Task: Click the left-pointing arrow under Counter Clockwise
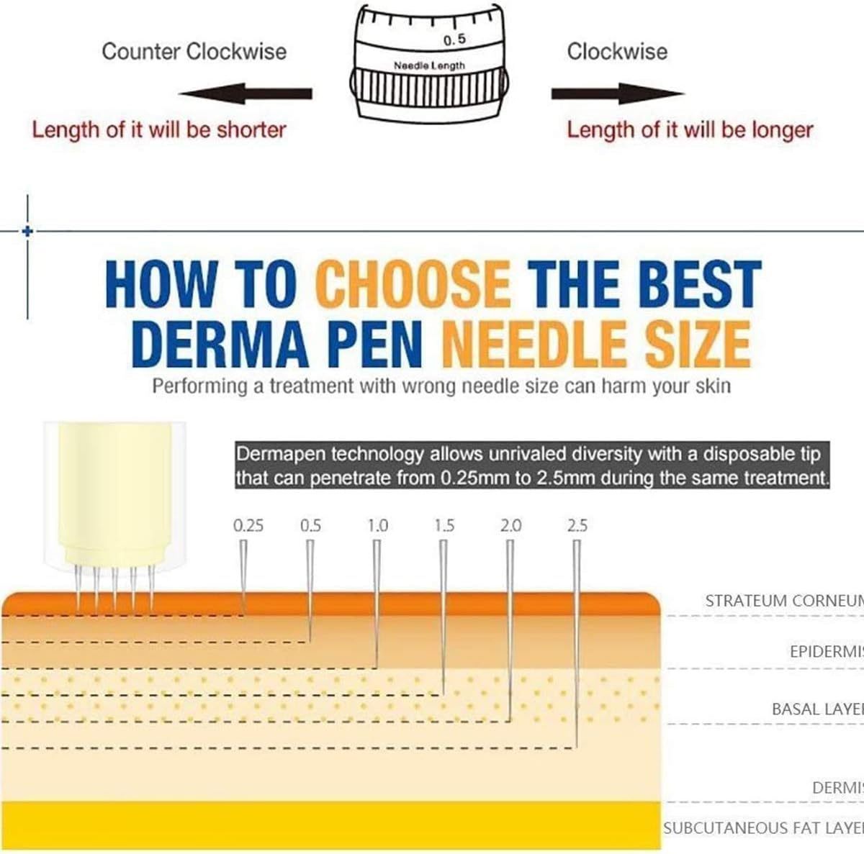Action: (x=245, y=94)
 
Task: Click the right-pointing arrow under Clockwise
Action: (x=617, y=94)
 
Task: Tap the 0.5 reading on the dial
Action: (x=454, y=40)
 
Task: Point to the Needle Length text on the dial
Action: (x=429, y=65)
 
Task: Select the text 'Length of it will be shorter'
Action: (x=159, y=130)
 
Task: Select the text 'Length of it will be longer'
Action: (x=689, y=130)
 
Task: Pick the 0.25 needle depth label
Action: (x=248, y=526)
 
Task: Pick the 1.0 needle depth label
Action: (x=377, y=526)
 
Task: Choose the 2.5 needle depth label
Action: (x=577, y=526)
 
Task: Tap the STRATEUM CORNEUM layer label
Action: (x=783, y=601)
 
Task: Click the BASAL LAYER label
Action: (x=817, y=709)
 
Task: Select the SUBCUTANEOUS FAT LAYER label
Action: (x=763, y=828)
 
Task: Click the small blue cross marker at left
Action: (x=27, y=231)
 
